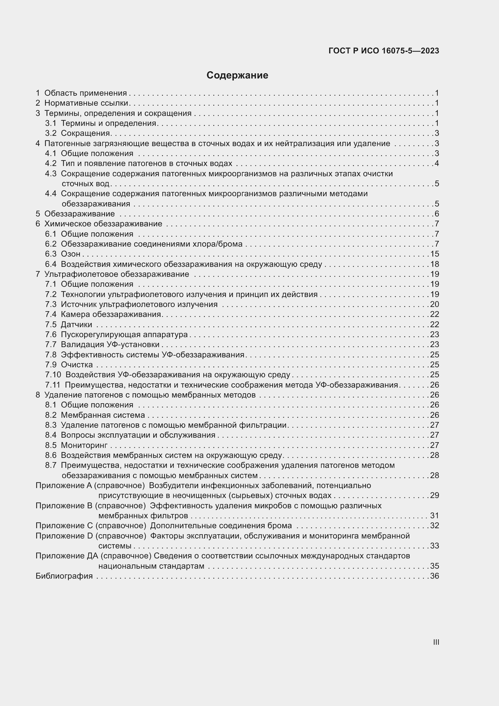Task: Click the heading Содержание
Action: [x=237, y=75]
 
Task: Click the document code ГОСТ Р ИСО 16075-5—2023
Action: [x=384, y=51]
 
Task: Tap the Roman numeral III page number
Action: [x=436, y=642]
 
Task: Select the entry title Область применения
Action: [x=85, y=93]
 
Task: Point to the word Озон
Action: [x=71, y=254]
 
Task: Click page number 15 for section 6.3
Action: [x=434, y=254]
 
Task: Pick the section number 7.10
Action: [x=53, y=375]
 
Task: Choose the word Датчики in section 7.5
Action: [x=77, y=324]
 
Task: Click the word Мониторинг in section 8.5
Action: [x=84, y=445]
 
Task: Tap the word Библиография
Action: [x=64, y=576]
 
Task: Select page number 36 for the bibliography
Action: [x=434, y=576]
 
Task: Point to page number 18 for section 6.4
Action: [x=434, y=264]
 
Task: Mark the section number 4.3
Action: [x=51, y=174]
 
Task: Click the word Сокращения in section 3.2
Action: [x=85, y=133]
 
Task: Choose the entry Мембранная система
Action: [x=103, y=415]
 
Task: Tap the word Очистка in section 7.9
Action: [x=77, y=365]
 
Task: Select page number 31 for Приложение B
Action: [x=434, y=516]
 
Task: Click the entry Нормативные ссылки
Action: [x=86, y=103]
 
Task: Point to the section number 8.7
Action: [x=51, y=465]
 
